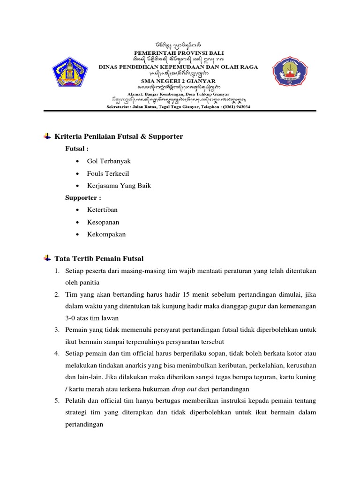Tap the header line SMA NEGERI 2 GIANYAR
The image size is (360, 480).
pos(180,81)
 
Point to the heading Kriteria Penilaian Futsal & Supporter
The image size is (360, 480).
pos(119,136)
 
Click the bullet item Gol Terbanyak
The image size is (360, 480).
pos(109,161)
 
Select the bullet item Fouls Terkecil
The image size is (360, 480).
pos(108,173)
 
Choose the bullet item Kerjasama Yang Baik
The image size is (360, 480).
pos(119,186)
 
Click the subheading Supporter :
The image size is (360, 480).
pos(83,198)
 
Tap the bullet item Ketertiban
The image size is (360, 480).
pos(102,210)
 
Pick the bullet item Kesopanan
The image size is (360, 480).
pos(103,222)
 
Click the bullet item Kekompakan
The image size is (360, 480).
pos(106,234)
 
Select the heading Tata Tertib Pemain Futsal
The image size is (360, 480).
pos(99,259)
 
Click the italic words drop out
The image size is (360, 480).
pos(184,389)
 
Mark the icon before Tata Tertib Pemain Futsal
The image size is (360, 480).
pos(47,259)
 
